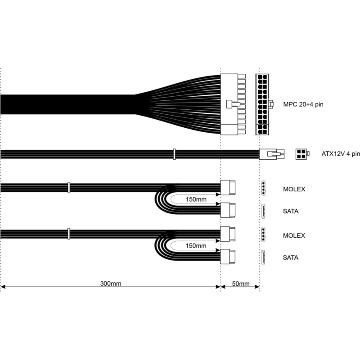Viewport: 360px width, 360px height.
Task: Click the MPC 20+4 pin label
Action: pyautogui.click(x=303, y=104)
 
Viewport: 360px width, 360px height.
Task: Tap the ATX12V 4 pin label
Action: pyautogui.click(x=341, y=153)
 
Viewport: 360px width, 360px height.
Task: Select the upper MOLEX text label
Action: pyautogui.click(x=294, y=189)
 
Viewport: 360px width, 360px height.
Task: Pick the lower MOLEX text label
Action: pyautogui.click(x=294, y=235)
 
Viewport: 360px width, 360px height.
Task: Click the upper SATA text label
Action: pyautogui.click(x=291, y=211)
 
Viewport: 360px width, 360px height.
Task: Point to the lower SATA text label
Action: pyautogui.click(x=291, y=257)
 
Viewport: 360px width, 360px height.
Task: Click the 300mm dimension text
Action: pyautogui.click(x=111, y=283)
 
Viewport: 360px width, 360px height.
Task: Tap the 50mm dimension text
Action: pyautogui.click(x=241, y=283)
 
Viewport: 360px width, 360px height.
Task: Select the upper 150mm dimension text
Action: pyautogui.click(x=196, y=199)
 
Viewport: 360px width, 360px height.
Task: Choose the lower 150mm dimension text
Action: pyautogui.click(x=196, y=246)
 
